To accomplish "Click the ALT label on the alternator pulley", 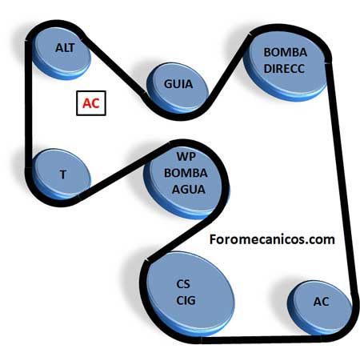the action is (65, 48).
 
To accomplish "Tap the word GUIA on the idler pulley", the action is (178, 84).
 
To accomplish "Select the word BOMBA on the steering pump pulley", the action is (286, 52).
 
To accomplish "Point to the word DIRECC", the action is (284, 69).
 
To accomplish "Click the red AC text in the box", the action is (91, 103).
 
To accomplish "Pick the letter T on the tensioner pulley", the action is (63, 174).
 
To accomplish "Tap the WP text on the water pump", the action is (186, 157).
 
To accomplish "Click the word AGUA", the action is (189, 190).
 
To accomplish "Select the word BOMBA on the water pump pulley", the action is (186, 173).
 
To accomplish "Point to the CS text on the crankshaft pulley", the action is (183, 284).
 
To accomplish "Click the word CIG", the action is (186, 300).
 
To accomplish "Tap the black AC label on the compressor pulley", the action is (321, 302).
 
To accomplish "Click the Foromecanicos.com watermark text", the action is (272, 239).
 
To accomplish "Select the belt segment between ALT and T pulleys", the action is (29, 105).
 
